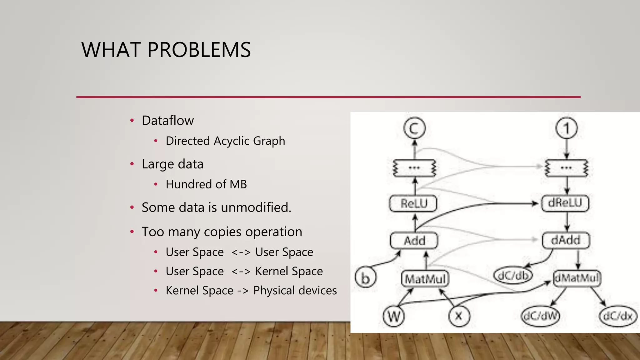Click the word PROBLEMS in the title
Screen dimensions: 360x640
coord(199,50)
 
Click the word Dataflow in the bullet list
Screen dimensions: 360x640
coord(167,121)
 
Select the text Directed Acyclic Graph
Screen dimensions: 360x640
coord(225,141)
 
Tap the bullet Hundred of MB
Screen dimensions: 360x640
coord(206,184)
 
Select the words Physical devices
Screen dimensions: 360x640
coord(295,291)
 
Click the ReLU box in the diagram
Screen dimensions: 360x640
coord(413,204)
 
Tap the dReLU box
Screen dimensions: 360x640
coord(565,203)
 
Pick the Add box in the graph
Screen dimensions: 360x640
coord(414,241)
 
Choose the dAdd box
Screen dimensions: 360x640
coord(566,240)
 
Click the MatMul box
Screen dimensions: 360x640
coord(425,278)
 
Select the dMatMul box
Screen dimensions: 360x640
coord(577,278)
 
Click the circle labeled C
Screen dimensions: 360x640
coord(414,128)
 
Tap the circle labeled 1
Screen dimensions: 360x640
coord(567,128)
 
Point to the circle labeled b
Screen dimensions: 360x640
coord(365,277)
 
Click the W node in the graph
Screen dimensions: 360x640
coord(394,316)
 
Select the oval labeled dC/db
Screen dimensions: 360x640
coord(513,275)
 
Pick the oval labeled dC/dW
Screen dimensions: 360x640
coord(540,316)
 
